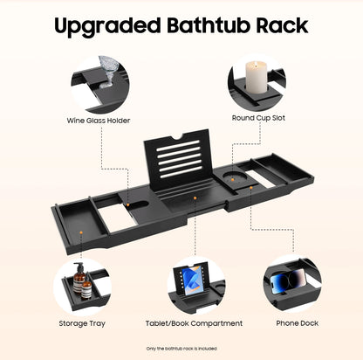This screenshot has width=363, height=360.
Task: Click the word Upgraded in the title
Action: tap(107, 26)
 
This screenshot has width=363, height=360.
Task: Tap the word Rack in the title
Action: tap(282, 25)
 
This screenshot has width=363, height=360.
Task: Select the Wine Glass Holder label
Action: tap(99, 121)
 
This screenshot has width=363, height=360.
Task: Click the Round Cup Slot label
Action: tap(258, 118)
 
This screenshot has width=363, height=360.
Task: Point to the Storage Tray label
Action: tap(82, 323)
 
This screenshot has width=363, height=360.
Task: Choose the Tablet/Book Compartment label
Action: tap(194, 323)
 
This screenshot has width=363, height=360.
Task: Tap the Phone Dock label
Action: tap(297, 323)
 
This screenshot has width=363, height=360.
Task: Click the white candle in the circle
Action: tap(257, 77)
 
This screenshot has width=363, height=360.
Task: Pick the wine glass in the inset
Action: tap(108, 71)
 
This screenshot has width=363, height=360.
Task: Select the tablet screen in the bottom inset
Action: tap(191, 280)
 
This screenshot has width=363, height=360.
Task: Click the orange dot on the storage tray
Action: tap(81, 232)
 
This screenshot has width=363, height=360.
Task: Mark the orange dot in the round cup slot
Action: tap(233, 180)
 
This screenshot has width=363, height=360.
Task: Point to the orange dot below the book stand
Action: tap(195, 198)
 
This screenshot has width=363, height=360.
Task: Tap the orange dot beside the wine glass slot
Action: tap(127, 205)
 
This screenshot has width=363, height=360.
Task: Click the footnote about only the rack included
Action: tap(181, 349)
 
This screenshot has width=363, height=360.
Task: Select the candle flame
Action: tap(256, 65)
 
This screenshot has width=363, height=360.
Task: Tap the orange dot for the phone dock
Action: tap(251, 188)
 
